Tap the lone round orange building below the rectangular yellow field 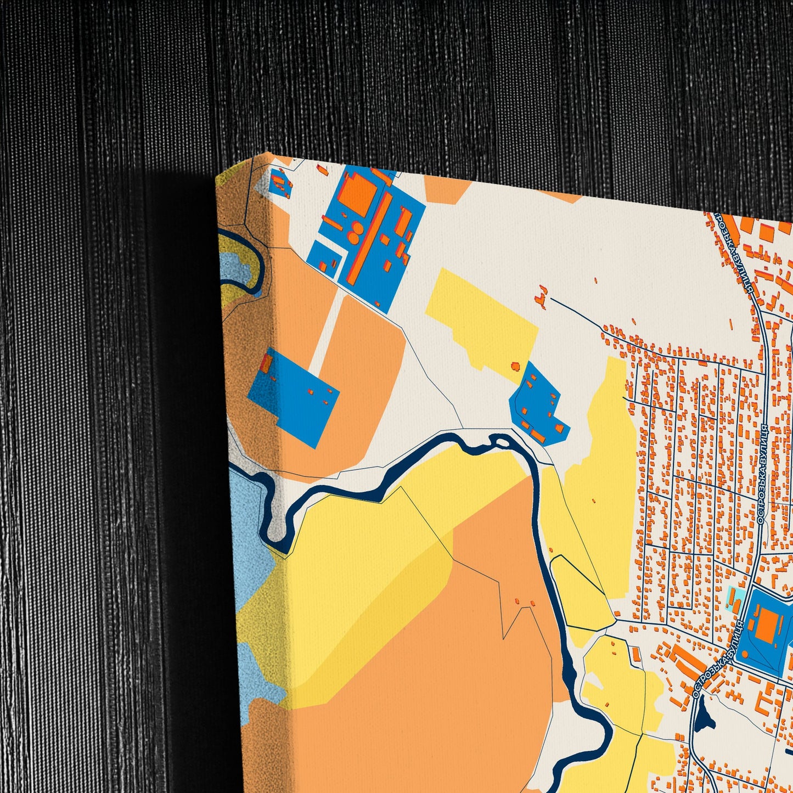coord(515,365)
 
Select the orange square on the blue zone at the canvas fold coord(267,363)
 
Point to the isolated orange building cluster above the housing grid coord(541,296)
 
